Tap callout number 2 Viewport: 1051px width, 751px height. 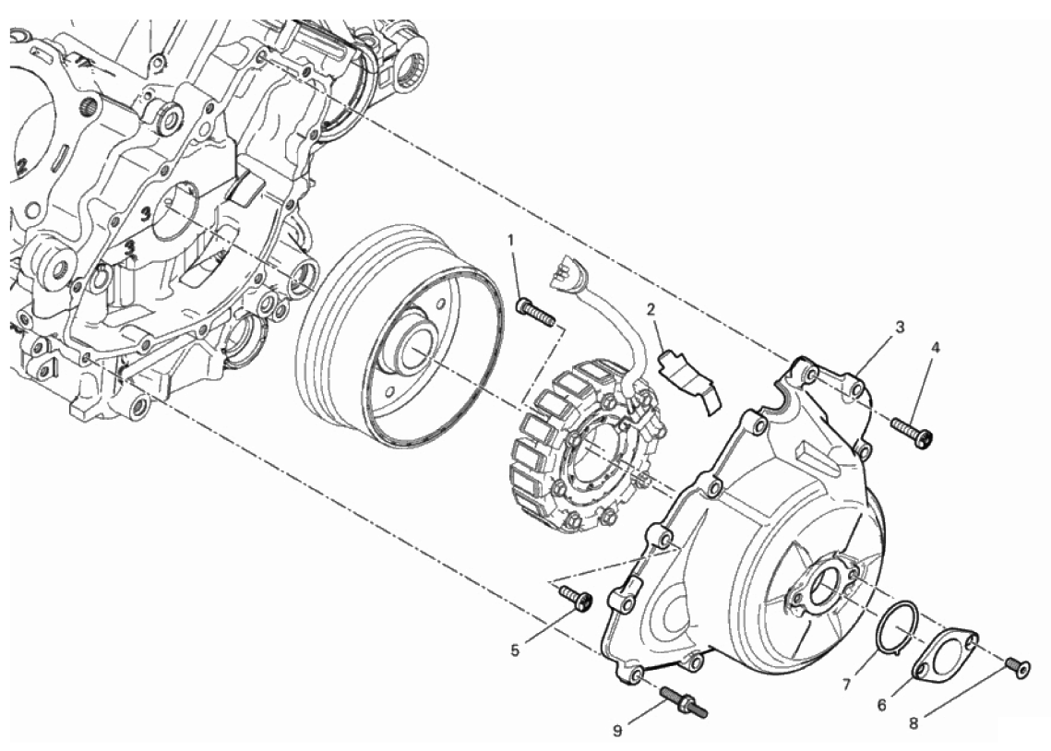tap(651, 310)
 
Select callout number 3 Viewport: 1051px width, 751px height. tap(899, 326)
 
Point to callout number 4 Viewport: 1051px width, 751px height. tap(935, 348)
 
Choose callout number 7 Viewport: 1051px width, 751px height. tap(845, 684)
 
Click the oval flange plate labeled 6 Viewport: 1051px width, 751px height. tap(942, 650)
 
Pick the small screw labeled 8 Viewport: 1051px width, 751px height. tap(1017, 666)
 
